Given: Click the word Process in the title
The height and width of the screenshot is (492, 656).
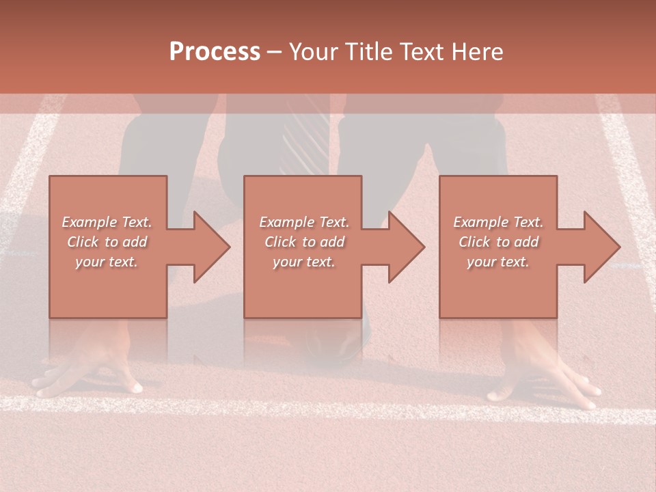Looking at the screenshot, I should (215, 52).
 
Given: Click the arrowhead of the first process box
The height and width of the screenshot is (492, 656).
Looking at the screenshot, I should (212, 247).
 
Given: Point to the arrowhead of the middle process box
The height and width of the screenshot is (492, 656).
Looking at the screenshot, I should (407, 247).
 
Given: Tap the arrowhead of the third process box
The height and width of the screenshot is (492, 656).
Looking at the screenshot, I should (602, 247).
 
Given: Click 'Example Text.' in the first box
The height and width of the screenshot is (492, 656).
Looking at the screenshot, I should (107, 222).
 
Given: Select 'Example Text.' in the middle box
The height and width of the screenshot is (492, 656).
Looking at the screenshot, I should (304, 222).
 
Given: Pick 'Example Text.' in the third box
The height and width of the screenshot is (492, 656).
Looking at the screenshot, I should (498, 222).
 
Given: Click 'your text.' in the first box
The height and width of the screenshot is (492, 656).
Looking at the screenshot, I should (107, 262).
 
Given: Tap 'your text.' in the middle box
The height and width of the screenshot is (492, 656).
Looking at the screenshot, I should (303, 262).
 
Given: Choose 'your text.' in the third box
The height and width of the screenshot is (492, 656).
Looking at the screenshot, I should (497, 262).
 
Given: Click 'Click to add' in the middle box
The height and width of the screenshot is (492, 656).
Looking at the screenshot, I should (304, 242).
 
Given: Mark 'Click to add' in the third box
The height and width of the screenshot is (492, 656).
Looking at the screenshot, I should (498, 242).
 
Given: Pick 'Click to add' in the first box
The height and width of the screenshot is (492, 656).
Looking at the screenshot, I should (107, 242).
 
